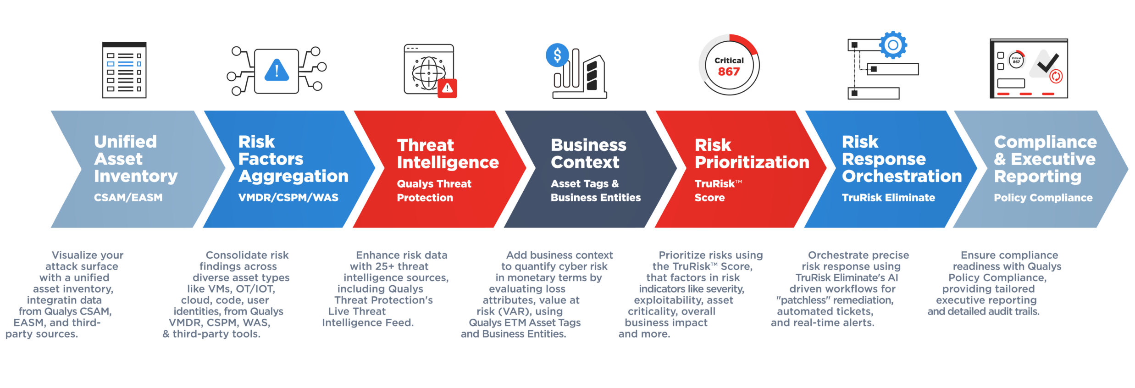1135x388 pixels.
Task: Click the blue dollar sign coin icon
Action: pos(557,55)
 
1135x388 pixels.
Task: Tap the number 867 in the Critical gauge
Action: pos(729,72)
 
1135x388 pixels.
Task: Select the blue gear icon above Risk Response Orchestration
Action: pos(893,45)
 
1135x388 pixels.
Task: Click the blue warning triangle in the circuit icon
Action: pos(277,70)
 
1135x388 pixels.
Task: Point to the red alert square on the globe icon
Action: pos(447,88)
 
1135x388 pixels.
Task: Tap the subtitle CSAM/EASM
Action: pos(128,198)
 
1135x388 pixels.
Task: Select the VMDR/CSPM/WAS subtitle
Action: pos(288,198)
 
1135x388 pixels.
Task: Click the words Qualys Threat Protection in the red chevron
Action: pos(434,191)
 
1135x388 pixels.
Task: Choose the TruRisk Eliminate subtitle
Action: pos(888,198)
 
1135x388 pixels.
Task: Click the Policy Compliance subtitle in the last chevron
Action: pos(1043,198)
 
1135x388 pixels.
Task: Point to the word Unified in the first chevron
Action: pos(125,142)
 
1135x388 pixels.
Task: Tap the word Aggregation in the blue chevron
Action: pos(293,177)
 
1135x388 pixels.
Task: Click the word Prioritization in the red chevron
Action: pos(752,162)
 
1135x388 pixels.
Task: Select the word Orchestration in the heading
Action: pos(902,177)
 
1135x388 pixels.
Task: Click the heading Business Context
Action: pos(588,154)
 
